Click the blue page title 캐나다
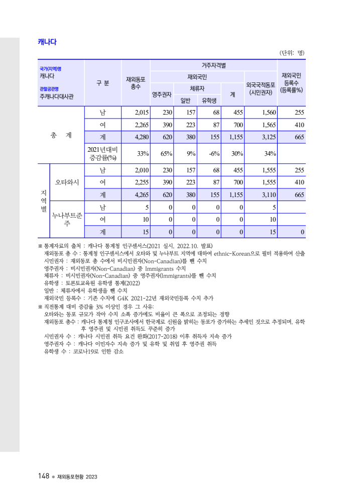(47, 42)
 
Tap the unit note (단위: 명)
(292, 53)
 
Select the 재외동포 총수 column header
(136, 83)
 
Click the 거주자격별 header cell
(214, 65)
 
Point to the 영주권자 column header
(162, 94)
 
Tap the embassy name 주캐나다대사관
(56, 96)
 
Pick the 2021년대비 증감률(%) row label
(102, 154)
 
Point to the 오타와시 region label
(67, 181)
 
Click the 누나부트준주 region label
(67, 219)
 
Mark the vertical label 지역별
(44, 201)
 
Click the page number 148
(43, 476)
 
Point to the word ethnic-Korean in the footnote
(235, 254)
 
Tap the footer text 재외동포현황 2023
(77, 476)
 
